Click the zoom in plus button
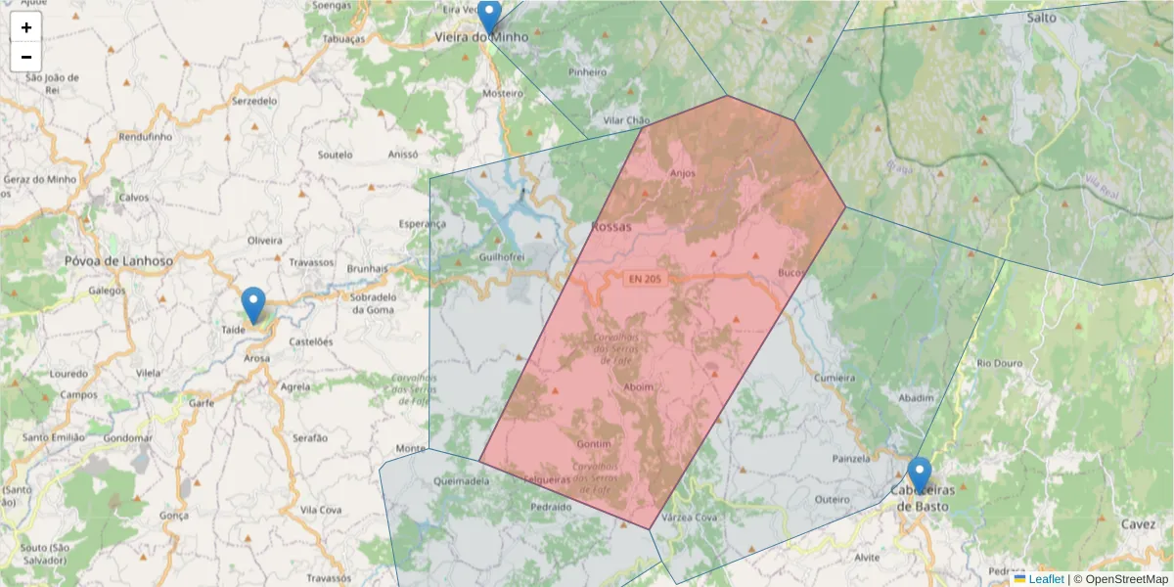click(26, 27)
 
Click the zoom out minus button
click(26, 57)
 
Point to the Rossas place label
click(611, 227)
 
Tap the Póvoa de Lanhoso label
click(118, 261)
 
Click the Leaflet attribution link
click(1046, 579)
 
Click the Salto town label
click(1042, 18)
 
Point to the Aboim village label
click(639, 386)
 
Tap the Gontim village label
click(594, 443)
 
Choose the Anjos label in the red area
click(682, 173)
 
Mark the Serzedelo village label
click(254, 101)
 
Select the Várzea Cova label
click(690, 517)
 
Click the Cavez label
click(1139, 523)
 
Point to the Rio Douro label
click(999, 363)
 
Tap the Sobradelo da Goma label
click(371, 302)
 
